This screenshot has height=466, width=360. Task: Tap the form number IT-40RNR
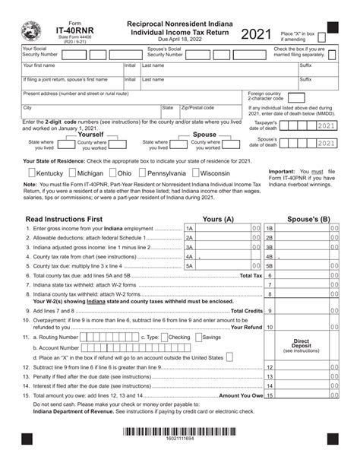(70, 32)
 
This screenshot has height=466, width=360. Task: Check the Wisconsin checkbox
(194, 173)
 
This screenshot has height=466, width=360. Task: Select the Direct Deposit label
(302, 344)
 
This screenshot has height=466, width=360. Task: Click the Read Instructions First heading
(64, 219)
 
